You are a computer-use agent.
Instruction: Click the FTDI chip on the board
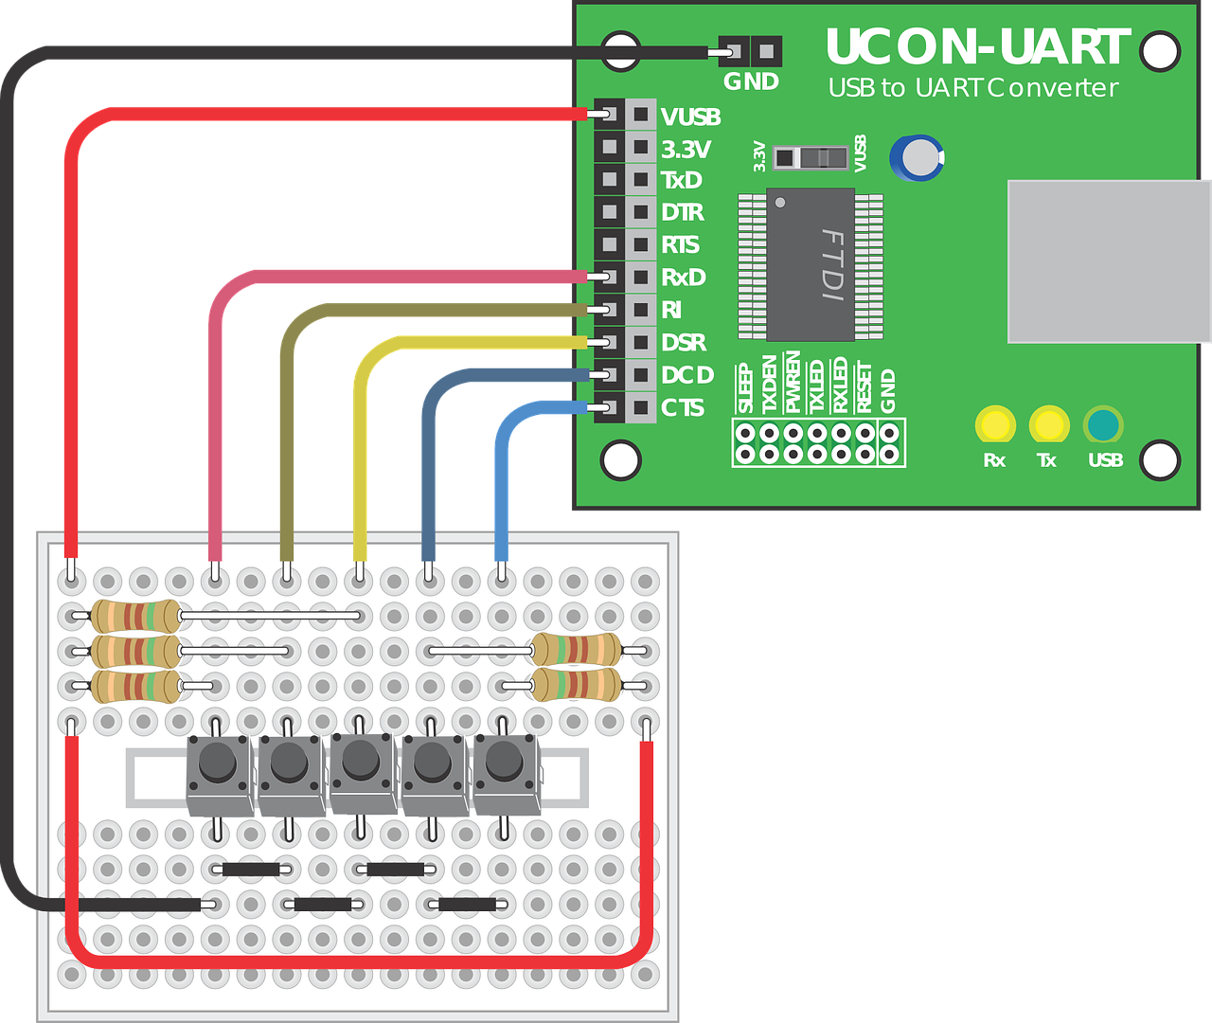[x=811, y=264]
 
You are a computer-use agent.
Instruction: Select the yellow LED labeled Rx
[x=994, y=425]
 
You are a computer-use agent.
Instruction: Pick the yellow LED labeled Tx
[x=1048, y=425]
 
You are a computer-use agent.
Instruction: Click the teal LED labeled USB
[x=1103, y=425]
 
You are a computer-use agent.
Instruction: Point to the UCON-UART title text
[x=977, y=47]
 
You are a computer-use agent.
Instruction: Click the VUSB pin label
[x=690, y=117]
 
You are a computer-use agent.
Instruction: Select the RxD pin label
[x=684, y=278]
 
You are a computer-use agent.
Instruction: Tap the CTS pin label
[x=683, y=408]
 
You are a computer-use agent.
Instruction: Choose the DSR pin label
[x=684, y=343]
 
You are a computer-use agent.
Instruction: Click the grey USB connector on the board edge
[x=1109, y=260]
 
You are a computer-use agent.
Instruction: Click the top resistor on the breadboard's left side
[x=135, y=617]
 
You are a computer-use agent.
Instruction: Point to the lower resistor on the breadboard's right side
[x=576, y=684]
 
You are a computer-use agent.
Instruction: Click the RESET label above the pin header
[x=864, y=387]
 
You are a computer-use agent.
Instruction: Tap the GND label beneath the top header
[x=751, y=82]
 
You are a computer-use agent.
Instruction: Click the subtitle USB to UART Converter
[x=972, y=88]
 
